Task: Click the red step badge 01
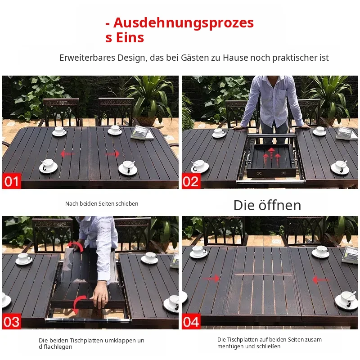pyautogui.click(x=12, y=181)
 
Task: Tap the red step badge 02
pyautogui.click(x=191, y=181)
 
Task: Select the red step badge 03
pyautogui.click(x=12, y=321)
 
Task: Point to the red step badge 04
pyautogui.click(x=191, y=321)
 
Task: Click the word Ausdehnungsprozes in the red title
pyautogui.click(x=184, y=23)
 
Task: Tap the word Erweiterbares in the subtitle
pyautogui.click(x=87, y=58)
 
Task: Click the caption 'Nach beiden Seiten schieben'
pyautogui.click(x=102, y=204)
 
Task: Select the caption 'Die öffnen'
pyautogui.click(x=267, y=205)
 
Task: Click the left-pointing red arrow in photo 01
pyautogui.click(x=67, y=153)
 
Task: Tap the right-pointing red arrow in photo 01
pyautogui.click(x=112, y=153)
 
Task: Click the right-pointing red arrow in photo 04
pyautogui.click(x=211, y=279)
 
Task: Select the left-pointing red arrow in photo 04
pyautogui.click(x=321, y=280)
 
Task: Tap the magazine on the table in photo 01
pyautogui.click(x=142, y=133)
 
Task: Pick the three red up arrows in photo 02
pyautogui.click(x=272, y=156)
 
